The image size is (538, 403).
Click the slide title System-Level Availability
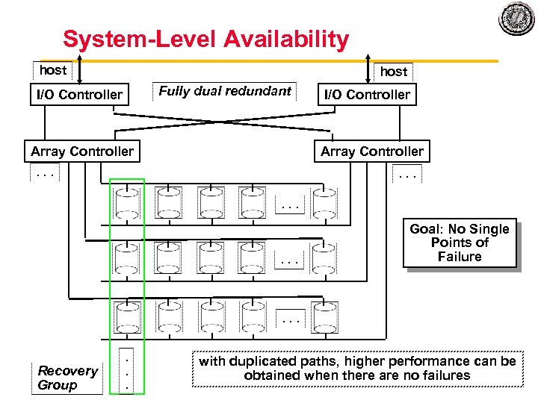205,40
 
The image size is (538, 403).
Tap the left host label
53,70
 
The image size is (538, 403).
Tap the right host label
394,72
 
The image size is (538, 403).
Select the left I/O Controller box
79,95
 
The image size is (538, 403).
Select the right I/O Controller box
365,95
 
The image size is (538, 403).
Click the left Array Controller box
82,151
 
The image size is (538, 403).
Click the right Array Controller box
371,151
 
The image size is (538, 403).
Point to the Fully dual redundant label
225,91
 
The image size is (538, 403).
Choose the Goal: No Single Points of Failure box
460,243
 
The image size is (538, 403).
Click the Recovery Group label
68,378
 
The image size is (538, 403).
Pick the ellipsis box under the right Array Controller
408,176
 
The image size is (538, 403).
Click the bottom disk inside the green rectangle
128,317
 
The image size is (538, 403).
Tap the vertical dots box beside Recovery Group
128,371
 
